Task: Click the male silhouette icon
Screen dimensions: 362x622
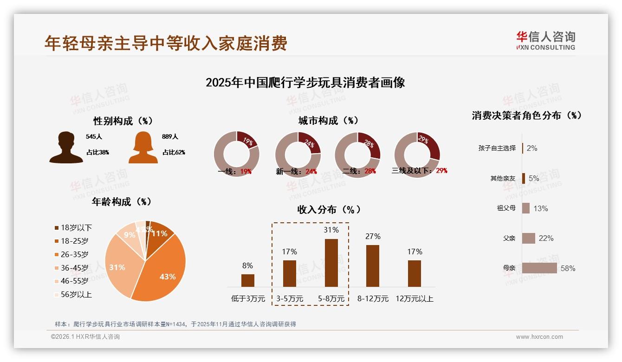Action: (66, 148)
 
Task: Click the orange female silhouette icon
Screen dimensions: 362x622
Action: (143, 148)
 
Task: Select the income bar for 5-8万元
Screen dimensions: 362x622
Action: (331, 263)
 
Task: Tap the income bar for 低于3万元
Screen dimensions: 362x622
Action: (247, 280)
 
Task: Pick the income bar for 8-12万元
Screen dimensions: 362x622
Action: (372, 266)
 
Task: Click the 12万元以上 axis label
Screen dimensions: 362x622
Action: (415, 299)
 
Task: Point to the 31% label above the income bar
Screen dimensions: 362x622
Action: (331, 230)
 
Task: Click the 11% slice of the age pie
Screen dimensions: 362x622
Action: (159, 233)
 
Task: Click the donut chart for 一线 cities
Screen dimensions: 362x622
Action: (236, 154)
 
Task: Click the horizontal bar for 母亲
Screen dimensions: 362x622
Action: (539, 268)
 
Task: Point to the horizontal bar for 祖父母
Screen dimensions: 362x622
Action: (526, 208)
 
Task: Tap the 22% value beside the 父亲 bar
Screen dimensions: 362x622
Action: (546, 239)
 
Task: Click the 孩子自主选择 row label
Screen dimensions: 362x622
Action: (497, 148)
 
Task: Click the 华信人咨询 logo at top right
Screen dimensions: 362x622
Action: (545, 41)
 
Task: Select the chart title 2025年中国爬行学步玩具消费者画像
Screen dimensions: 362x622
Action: (305, 83)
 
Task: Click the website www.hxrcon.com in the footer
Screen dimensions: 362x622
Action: (539, 337)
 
